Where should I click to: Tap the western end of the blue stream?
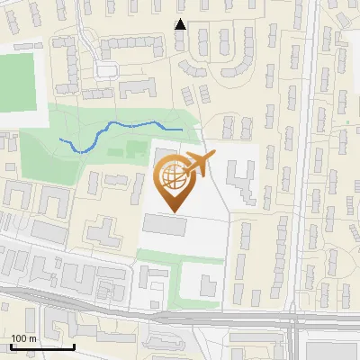tap(61, 139)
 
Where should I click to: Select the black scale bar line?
tap(42, 346)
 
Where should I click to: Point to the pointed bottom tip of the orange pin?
tap(173, 211)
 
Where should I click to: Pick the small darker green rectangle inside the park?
tap(135, 148)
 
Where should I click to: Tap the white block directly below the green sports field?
tap(22, 118)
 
